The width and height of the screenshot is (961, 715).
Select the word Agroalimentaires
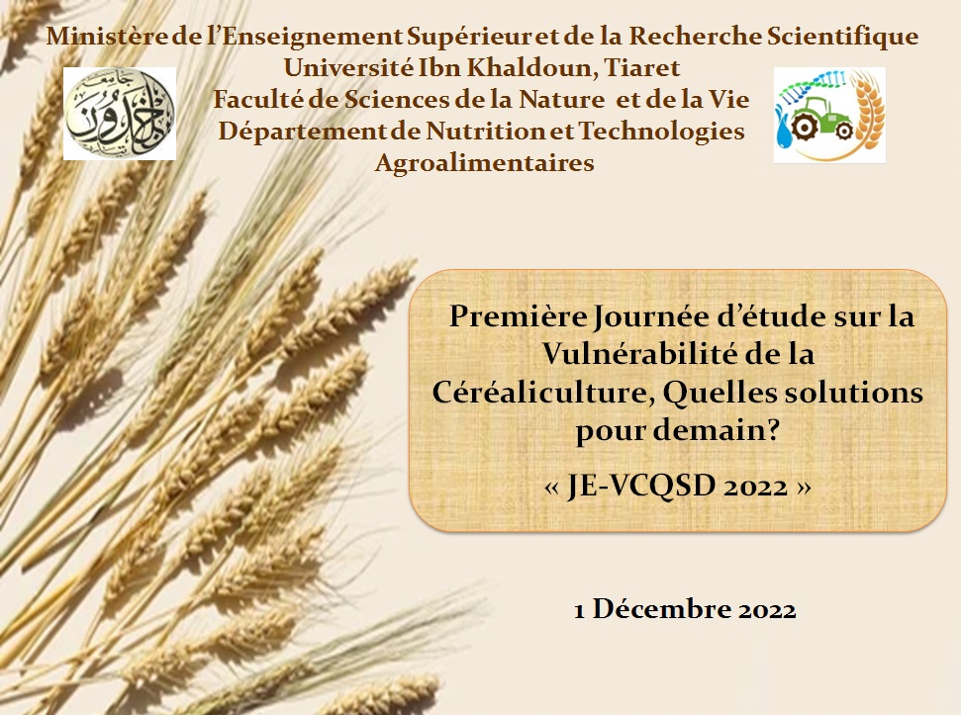click(484, 163)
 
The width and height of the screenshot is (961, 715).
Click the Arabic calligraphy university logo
click(120, 114)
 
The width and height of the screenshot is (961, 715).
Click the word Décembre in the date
click(661, 609)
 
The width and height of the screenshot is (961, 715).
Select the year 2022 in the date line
click(767, 610)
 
